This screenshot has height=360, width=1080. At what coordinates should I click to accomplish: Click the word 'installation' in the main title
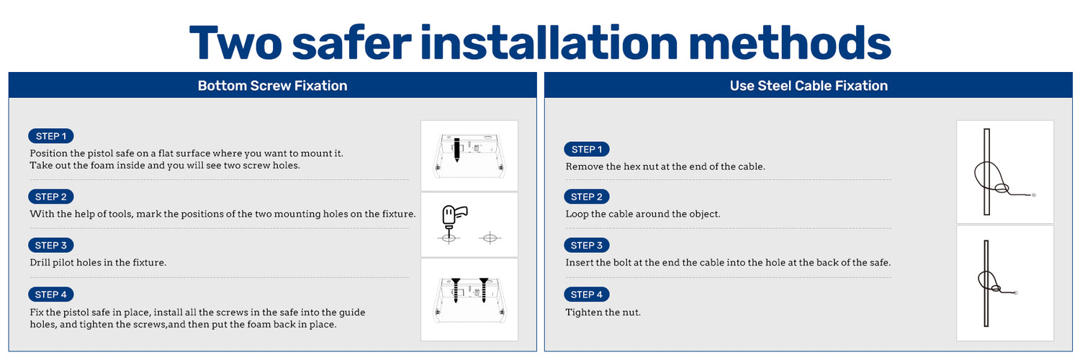pos(549,42)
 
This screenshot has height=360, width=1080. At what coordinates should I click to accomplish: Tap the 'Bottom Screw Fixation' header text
pos(272,85)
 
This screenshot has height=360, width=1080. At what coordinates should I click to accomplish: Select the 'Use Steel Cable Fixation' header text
pos(809,85)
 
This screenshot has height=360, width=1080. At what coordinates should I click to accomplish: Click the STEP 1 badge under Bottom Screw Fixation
pos(50,136)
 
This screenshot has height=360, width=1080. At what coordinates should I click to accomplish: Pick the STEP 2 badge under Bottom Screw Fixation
pos(50,197)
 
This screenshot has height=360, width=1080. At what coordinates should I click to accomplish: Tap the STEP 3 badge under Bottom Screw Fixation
pos(50,246)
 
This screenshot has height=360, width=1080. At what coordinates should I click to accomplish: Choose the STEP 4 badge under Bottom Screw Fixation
pos(50,294)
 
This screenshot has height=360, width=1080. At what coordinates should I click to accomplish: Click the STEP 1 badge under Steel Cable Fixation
pos(587,149)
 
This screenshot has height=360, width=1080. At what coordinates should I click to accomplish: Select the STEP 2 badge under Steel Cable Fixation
pos(587,197)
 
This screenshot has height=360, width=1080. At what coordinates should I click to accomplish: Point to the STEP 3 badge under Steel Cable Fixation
pos(587,246)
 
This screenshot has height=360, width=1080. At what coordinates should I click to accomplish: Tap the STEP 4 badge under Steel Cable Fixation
pos(587,294)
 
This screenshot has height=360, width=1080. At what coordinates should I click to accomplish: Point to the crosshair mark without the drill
pos(490,238)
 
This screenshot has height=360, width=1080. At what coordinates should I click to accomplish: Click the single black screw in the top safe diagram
pos(456,149)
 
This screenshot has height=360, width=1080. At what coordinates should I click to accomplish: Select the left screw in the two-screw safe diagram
pos(456,290)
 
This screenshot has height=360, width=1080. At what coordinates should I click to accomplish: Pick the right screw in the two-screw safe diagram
pos(484,290)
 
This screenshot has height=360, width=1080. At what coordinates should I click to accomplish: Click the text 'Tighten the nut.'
pos(603,312)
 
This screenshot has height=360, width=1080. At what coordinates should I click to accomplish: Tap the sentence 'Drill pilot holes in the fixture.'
pos(98,263)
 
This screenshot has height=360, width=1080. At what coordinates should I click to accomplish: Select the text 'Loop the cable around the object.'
pos(643,214)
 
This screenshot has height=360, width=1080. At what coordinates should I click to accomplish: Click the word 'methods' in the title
pos(790,42)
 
